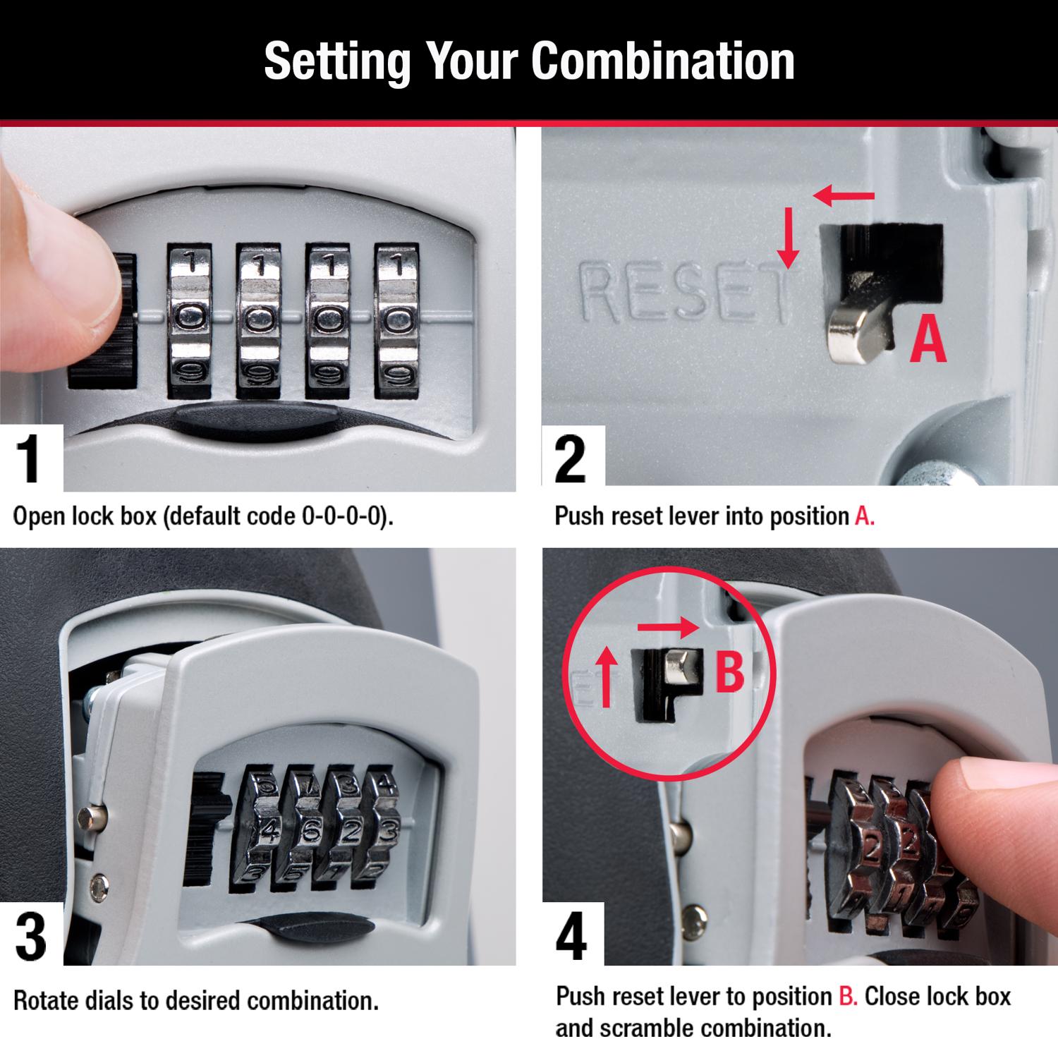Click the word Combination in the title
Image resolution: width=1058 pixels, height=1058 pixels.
tap(662, 61)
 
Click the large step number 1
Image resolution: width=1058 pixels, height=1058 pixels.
tap(30, 459)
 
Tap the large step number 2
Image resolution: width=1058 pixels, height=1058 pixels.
tap(570, 459)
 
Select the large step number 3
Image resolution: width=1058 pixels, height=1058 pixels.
tap(30, 935)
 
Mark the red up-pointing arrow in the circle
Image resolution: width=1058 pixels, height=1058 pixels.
tap(605, 678)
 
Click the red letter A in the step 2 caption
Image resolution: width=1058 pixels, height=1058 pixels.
tap(865, 516)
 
